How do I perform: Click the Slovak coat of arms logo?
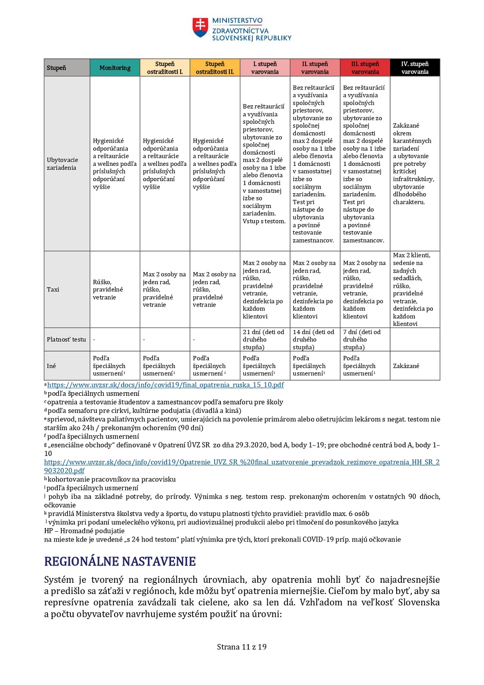pyautogui.click(x=200, y=27)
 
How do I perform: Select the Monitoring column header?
pyautogui.click(x=115, y=68)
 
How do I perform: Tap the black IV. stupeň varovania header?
pyautogui.click(x=415, y=68)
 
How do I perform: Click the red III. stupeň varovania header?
pyautogui.click(x=365, y=68)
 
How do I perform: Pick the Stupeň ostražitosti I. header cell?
pyautogui.click(x=165, y=68)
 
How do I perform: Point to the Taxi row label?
pyautogui.click(x=53, y=290)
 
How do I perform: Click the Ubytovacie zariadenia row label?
pyautogui.click(x=62, y=164)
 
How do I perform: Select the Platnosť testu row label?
pyautogui.click(x=66, y=339)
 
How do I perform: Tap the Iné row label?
pyautogui.click(x=52, y=366)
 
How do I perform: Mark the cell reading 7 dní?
pyautogui.click(x=362, y=339)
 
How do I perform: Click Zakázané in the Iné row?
pyautogui.click(x=406, y=366)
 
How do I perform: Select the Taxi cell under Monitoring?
pyautogui.click(x=108, y=290)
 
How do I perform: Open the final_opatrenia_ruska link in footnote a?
pyautogui.click(x=165, y=385)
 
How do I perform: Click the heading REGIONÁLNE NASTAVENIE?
pyautogui.click(x=120, y=562)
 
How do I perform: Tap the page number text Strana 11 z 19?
pyautogui.click(x=242, y=647)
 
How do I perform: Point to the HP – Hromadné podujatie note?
pyautogui.click(x=84, y=531)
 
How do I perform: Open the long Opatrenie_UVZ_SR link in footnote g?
pyautogui.click(x=242, y=462)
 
